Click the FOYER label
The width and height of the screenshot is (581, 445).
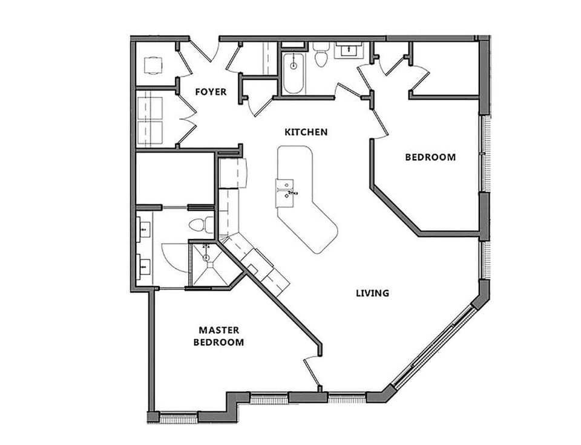tap(211, 92)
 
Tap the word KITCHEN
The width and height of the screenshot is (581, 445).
tap(306, 132)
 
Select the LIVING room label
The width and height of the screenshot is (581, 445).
tap(372, 293)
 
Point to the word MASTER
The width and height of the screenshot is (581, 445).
tap(218, 330)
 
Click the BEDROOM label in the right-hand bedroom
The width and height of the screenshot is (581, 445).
tap(430, 157)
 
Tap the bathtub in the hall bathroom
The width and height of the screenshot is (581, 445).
tap(294, 73)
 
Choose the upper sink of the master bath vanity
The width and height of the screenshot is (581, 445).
tap(144, 229)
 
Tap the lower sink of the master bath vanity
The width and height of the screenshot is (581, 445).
tap(144, 264)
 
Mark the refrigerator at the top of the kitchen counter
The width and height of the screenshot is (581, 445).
tap(233, 174)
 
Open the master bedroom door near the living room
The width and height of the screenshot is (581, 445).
tap(313, 369)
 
